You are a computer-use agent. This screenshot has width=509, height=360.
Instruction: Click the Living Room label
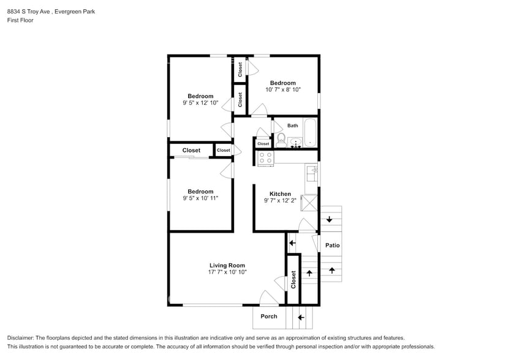[227, 266]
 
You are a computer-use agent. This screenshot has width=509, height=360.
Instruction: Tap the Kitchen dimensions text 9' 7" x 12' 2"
[280, 201]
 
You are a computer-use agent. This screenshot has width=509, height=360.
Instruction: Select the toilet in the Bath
[281, 138]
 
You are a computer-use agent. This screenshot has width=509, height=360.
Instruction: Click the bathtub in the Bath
[311, 133]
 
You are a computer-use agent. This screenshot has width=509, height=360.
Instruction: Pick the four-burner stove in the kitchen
[265, 157]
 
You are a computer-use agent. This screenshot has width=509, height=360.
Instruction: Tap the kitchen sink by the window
[311, 174]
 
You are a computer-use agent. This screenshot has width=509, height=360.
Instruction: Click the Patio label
[332, 246]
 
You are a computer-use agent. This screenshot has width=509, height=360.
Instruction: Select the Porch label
[269, 317]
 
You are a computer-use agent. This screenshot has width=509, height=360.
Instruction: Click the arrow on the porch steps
[300, 317]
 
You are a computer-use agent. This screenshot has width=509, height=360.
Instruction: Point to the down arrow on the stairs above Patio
[330, 219]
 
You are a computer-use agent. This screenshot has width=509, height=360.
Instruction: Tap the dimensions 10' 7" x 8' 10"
[283, 90]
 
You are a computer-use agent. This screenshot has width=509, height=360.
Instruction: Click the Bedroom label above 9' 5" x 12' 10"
[200, 96]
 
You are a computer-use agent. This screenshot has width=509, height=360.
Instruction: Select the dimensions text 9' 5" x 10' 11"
[200, 198]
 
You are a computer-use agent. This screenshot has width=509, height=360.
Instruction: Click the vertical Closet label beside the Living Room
[293, 280]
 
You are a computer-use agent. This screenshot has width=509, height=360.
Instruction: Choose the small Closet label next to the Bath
[263, 144]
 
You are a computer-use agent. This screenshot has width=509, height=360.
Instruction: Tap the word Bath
[293, 126]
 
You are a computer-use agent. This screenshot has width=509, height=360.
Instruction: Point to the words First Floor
[20, 20]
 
